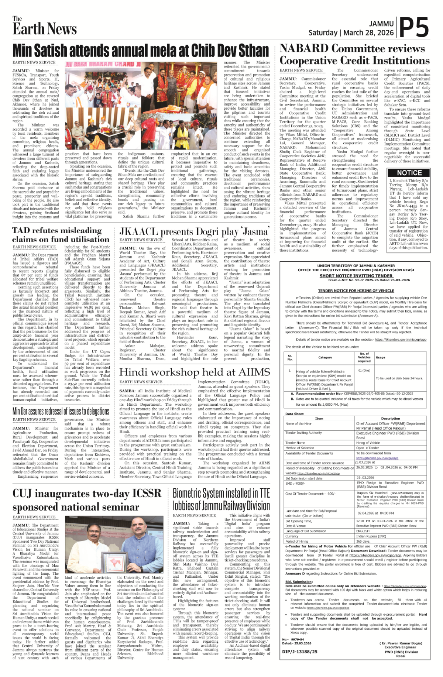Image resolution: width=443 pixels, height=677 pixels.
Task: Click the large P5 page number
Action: (x=414, y=27)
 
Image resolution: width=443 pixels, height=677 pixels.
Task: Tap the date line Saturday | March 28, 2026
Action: (x=351, y=32)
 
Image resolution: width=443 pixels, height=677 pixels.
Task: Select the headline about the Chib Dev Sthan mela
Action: (x=141, y=51)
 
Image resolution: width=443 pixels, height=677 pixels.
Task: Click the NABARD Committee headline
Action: (x=354, y=54)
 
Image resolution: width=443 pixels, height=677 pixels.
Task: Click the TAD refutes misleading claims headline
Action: (x=61, y=235)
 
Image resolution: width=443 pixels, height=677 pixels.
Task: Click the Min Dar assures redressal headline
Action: (x=61, y=411)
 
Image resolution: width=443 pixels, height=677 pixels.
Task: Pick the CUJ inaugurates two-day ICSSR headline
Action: (x=87, y=500)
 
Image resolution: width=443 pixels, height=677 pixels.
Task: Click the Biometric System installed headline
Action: (x=221, y=499)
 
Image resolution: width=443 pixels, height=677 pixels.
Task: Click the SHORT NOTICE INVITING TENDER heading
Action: (x=356, y=275)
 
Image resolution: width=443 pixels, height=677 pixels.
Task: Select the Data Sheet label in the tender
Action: (x=294, y=414)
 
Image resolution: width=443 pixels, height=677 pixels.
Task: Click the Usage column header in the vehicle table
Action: (x=380, y=357)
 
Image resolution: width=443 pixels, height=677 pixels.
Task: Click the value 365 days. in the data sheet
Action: (x=363, y=541)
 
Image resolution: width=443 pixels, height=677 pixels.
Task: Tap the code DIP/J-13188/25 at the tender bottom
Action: (x=299, y=652)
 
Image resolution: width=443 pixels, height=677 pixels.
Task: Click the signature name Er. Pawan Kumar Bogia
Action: (x=400, y=643)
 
